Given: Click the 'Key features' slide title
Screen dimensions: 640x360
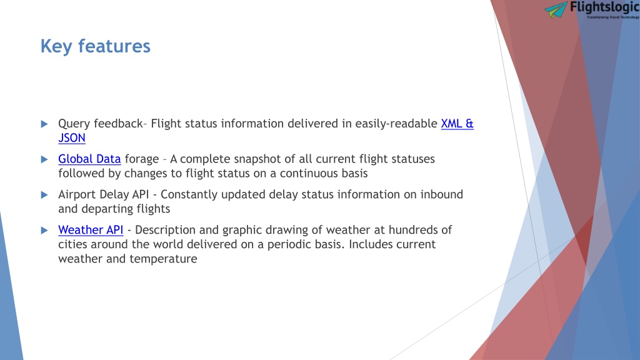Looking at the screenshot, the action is [96, 46].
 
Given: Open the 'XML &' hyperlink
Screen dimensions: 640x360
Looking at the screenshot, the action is [457, 124].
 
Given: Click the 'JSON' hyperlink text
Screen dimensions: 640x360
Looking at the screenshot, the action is [72, 138].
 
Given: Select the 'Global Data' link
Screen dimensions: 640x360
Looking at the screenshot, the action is [89, 159].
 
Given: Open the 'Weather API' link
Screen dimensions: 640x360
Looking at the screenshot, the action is [91, 230].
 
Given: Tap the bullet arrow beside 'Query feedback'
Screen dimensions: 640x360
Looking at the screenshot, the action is [44, 124].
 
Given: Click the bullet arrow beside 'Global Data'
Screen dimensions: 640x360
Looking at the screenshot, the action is [44, 159].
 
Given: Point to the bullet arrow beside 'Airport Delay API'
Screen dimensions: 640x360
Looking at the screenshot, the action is [44, 195].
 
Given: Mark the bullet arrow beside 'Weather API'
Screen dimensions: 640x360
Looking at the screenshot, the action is [44, 231].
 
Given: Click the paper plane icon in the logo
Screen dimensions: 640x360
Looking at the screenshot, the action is [556, 9].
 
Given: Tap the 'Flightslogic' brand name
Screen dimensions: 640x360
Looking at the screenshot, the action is [604, 7].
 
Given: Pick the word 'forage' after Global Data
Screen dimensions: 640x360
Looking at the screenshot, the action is [142, 159].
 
